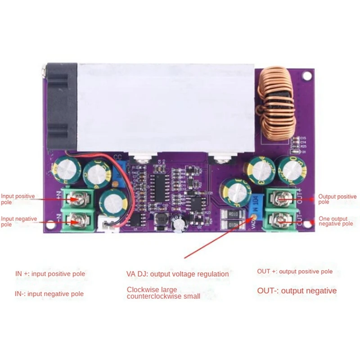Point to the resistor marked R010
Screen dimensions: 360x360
232,214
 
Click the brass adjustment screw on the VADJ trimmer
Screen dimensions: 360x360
253,217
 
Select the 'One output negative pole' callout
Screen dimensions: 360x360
336,220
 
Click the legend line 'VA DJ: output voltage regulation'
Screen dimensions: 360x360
177,274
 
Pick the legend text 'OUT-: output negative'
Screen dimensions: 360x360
297,291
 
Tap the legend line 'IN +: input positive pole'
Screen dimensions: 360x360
50,274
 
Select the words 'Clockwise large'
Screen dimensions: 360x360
152,289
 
